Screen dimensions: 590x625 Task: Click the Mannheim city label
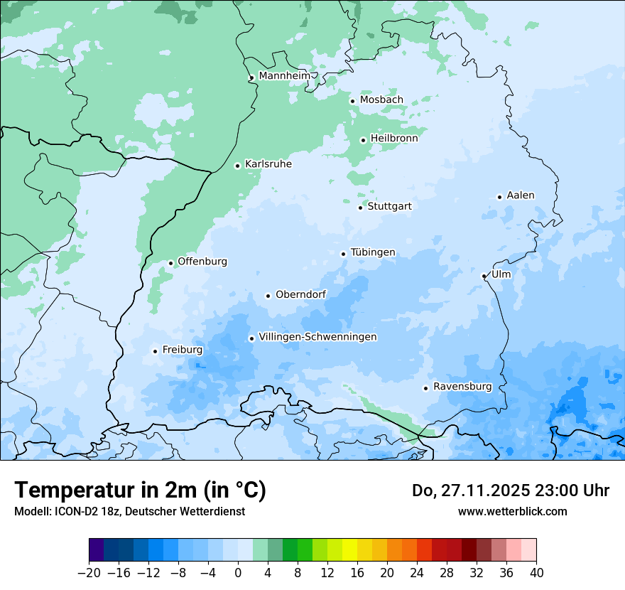284,76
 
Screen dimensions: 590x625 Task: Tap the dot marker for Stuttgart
360,208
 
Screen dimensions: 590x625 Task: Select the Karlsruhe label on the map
268,164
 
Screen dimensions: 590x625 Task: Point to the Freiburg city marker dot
155,351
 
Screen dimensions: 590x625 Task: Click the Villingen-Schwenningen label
317,337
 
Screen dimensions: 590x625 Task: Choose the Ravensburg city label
462,387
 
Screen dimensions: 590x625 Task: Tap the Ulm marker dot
484,276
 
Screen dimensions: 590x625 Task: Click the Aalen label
520,195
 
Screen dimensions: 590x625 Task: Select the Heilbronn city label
394,139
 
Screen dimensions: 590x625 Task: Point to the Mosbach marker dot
352,101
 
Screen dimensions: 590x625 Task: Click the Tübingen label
372,252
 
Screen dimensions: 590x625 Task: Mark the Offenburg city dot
170,263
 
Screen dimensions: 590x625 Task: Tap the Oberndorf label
300,294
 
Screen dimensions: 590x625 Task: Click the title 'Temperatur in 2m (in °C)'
140,490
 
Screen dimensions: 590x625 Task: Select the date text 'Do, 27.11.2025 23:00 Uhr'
510,490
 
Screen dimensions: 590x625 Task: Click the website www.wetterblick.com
512,511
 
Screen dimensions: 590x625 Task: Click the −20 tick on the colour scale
89,573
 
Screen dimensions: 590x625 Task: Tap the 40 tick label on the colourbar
536,573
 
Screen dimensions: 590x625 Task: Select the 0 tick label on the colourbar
238,573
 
